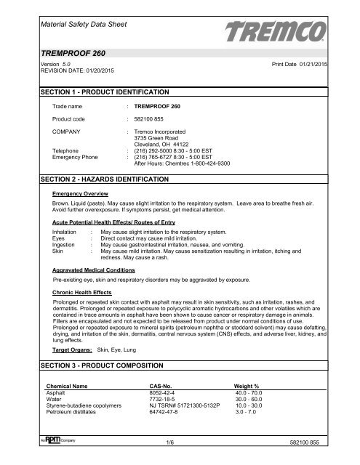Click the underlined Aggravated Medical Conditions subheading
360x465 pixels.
(94, 270)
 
